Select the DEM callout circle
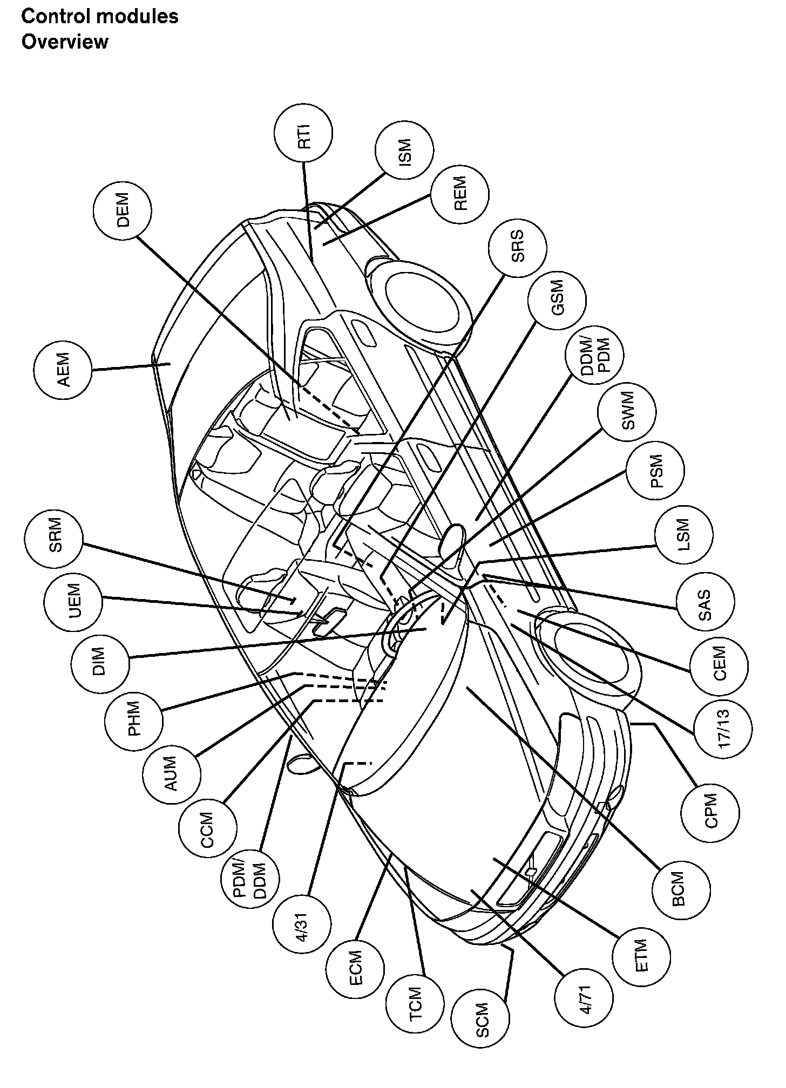(123, 210)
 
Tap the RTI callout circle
(304, 133)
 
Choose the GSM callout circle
(558, 297)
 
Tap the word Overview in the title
(65, 42)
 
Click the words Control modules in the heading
(100, 17)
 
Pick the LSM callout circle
(683, 534)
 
